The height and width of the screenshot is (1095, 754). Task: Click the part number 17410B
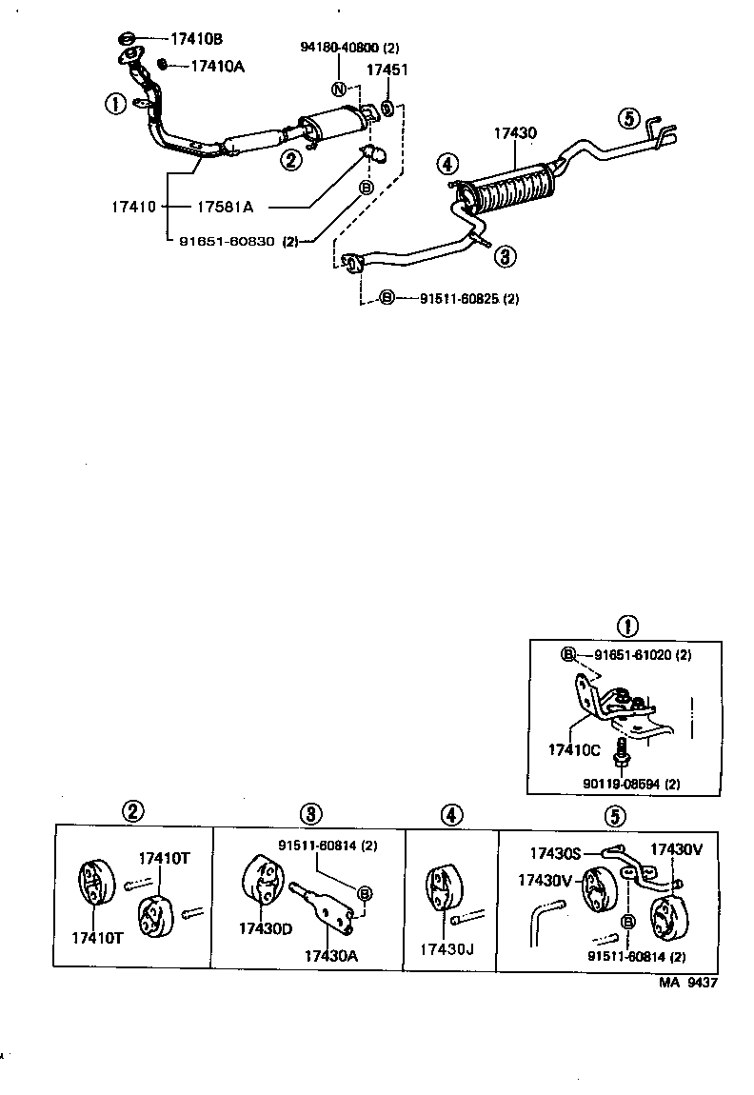tap(196, 39)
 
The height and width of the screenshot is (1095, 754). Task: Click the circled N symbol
tap(339, 90)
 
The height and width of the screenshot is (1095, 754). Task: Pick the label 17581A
tap(231, 206)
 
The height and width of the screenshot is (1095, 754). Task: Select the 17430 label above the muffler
tap(515, 135)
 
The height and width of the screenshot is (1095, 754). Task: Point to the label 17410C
tap(573, 750)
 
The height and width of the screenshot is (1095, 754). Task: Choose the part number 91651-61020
tap(633, 655)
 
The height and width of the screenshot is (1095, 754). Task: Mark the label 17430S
tap(556, 853)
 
